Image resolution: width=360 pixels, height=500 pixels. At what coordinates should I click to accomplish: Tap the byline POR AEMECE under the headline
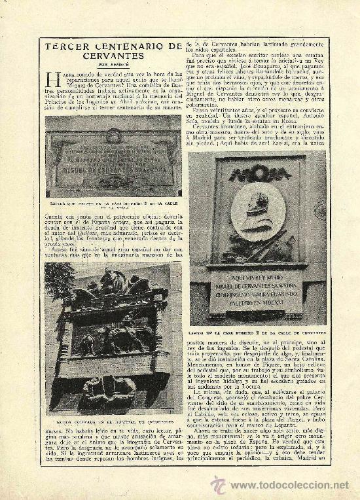[108, 64]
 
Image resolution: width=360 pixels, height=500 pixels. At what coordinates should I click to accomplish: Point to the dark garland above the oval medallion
[259, 173]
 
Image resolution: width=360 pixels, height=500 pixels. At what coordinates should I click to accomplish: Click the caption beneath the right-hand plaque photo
[257, 332]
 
